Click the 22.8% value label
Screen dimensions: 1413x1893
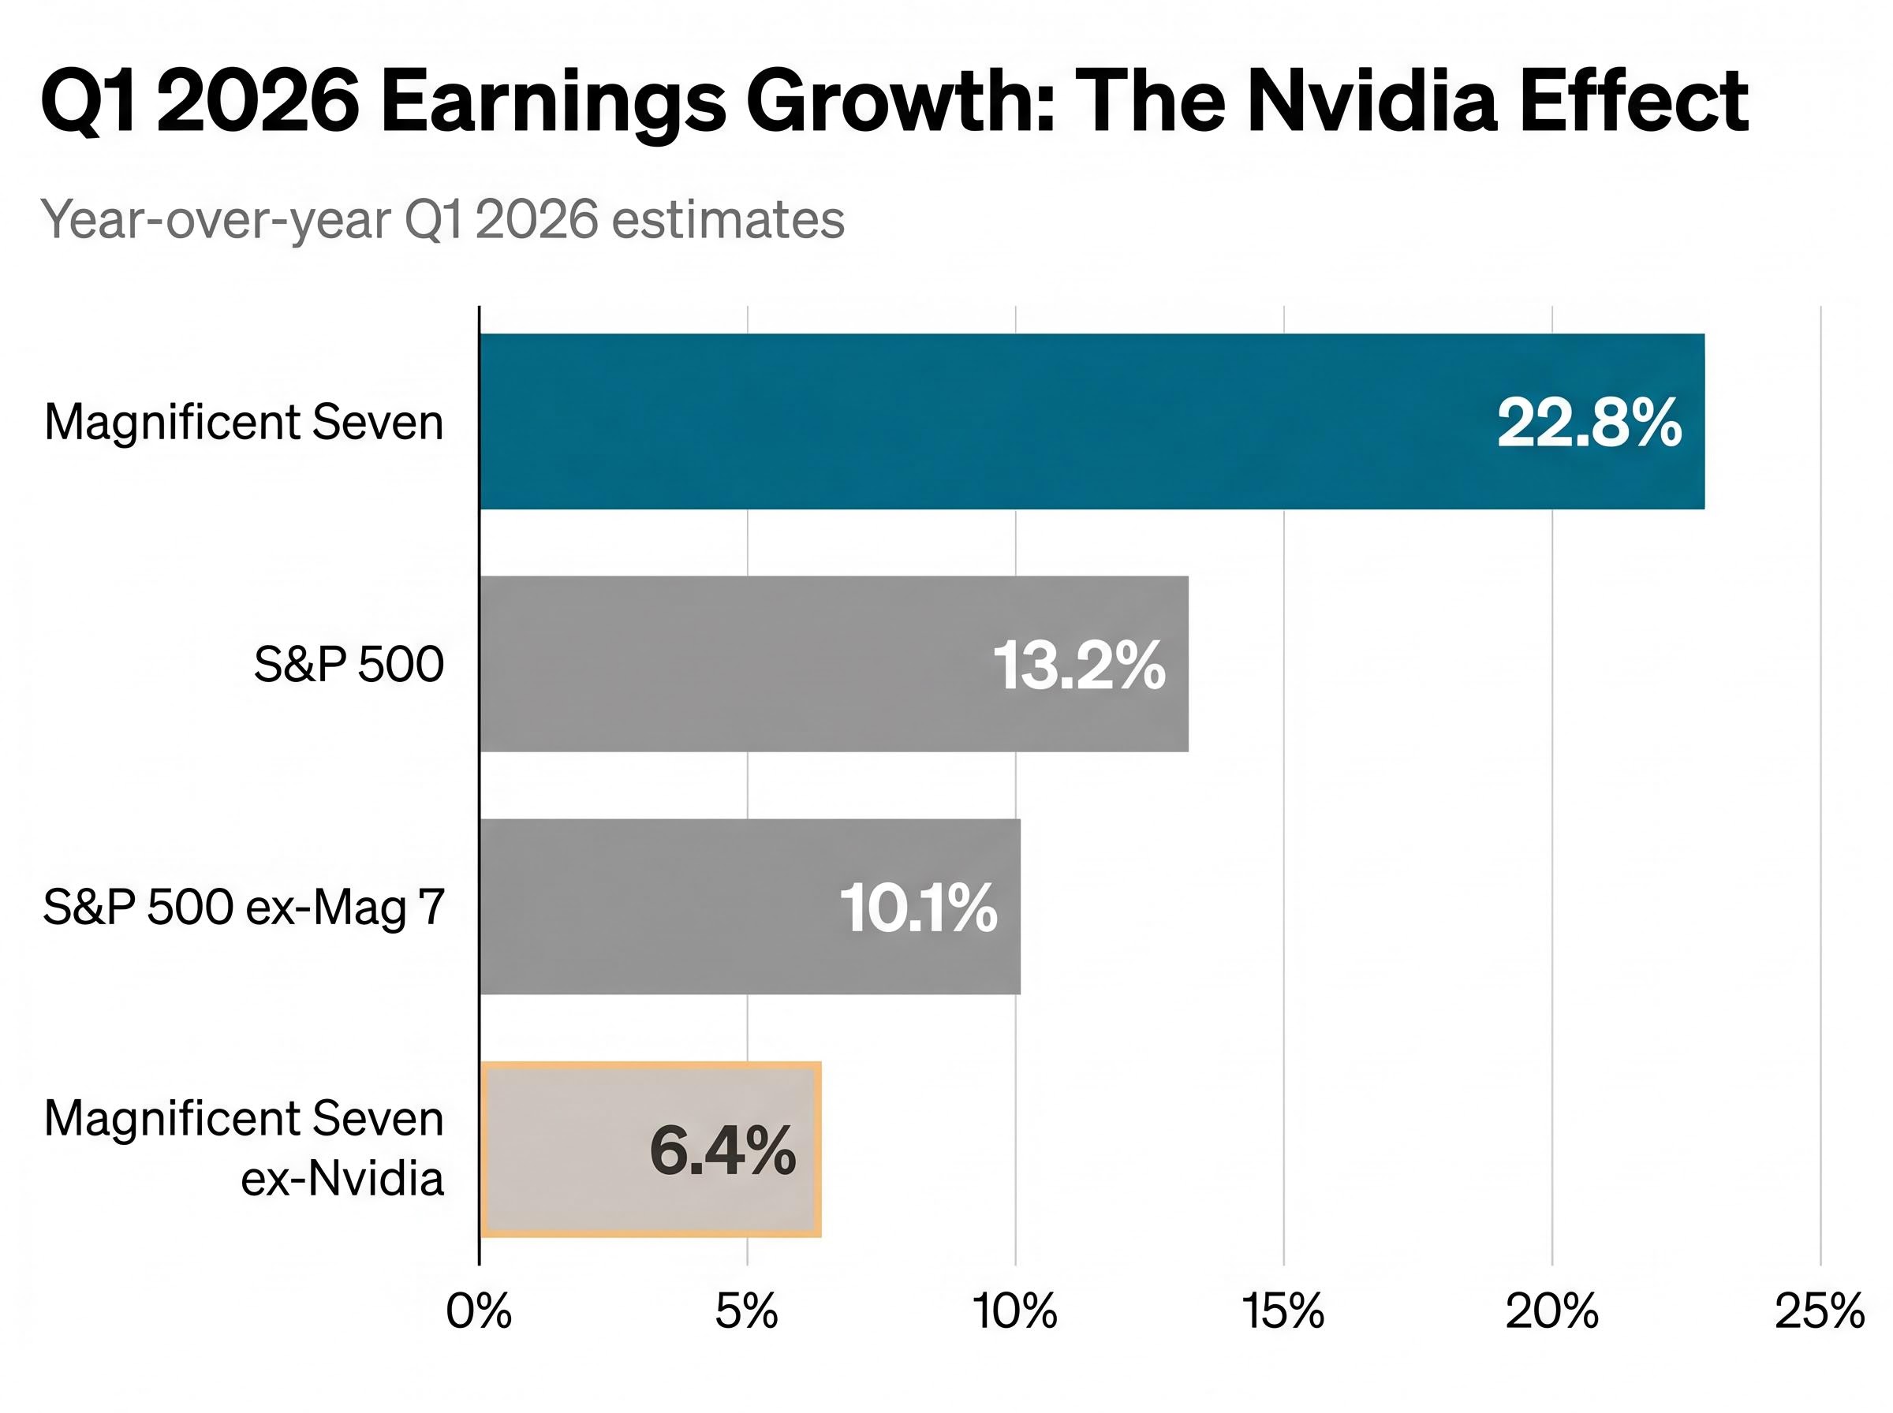(1589, 423)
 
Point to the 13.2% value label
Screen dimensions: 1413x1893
(1079, 665)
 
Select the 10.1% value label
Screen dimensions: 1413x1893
(918, 908)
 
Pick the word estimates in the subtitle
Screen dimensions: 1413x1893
(728, 220)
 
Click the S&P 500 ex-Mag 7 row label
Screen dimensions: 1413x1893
(244, 907)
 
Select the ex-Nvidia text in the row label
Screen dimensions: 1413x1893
(342, 1179)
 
